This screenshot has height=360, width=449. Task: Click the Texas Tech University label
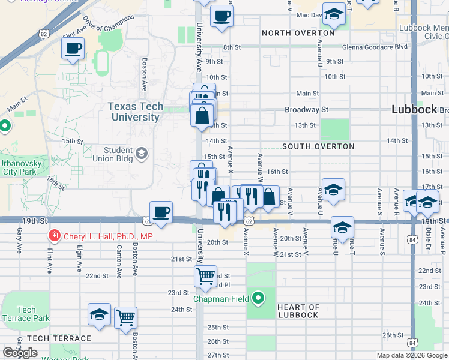click(x=135, y=112)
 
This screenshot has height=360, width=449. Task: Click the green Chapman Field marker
click(x=258, y=298)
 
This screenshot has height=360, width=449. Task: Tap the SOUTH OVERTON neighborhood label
click(x=318, y=146)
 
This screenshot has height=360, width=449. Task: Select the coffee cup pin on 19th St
click(x=161, y=212)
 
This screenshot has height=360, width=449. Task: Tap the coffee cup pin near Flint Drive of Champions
click(x=73, y=48)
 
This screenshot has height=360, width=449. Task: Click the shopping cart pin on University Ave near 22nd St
click(x=205, y=276)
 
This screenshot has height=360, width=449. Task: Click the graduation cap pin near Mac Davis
click(x=334, y=14)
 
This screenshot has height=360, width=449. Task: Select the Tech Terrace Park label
click(x=26, y=314)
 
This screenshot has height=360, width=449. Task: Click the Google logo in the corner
click(x=20, y=353)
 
